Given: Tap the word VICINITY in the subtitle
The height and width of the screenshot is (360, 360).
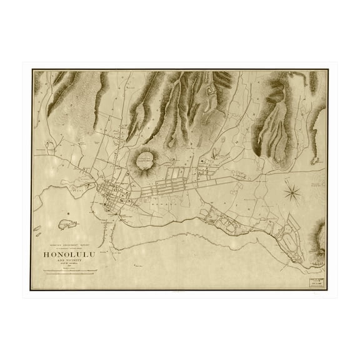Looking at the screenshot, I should pyautogui.click(x=80, y=260).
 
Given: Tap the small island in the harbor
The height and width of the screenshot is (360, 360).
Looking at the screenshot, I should pyautogui.click(x=63, y=223).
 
